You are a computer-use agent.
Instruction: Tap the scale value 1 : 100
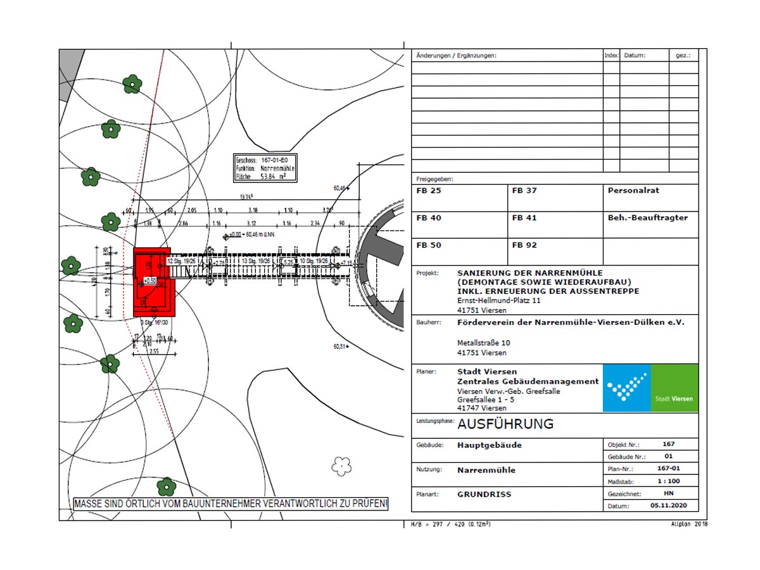click(668, 481)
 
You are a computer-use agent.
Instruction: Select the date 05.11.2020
click(668, 506)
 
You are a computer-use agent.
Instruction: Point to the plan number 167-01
click(668, 469)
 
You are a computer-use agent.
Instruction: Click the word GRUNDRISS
click(484, 494)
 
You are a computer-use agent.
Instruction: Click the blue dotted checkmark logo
click(626, 388)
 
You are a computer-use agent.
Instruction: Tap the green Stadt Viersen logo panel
click(674, 388)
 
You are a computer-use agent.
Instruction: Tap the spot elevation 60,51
click(340, 346)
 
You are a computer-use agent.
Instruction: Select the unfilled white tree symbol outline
click(341, 466)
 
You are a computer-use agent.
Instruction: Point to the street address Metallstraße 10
click(484, 343)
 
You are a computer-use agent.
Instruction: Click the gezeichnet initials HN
click(668, 493)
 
